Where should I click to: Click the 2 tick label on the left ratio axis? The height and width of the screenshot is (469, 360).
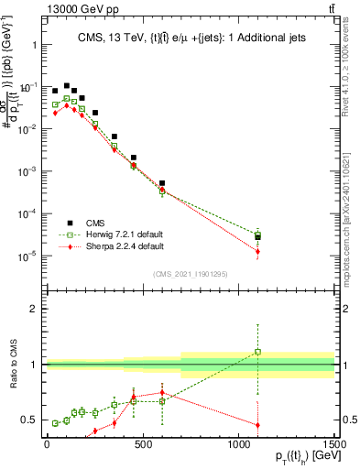tap(32, 309)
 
